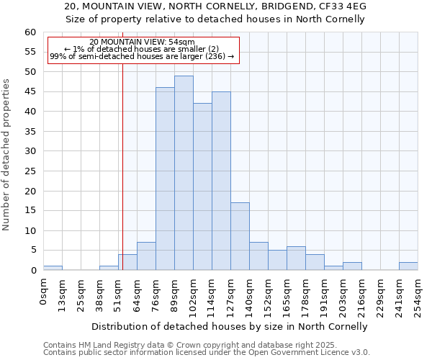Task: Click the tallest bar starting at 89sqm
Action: click(x=184, y=173)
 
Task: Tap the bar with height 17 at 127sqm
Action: click(x=240, y=236)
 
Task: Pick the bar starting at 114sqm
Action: click(x=221, y=181)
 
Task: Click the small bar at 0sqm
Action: click(x=53, y=268)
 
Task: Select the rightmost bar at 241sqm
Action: click(x=408, y=266)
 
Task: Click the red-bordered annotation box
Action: click(x=142, y=50)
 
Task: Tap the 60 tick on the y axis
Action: click(x=30, y=32)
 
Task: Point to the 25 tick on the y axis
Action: click(x=30, y=171)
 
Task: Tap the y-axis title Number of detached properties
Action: click(x=7, y=155)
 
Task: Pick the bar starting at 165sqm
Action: click(x=296, y=258)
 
